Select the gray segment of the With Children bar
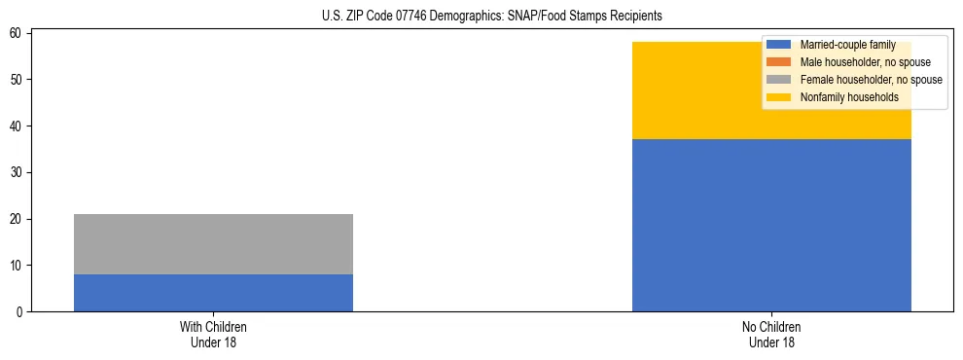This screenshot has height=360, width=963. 213,244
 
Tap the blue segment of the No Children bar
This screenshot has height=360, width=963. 771,226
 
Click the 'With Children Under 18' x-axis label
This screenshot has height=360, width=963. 213,334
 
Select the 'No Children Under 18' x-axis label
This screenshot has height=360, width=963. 771,334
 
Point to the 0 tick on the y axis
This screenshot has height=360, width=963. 20,312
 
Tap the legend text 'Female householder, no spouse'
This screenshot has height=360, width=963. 871,79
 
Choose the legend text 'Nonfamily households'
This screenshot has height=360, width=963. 849,96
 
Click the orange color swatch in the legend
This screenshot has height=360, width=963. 778,62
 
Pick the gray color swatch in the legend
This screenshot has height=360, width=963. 778,79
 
